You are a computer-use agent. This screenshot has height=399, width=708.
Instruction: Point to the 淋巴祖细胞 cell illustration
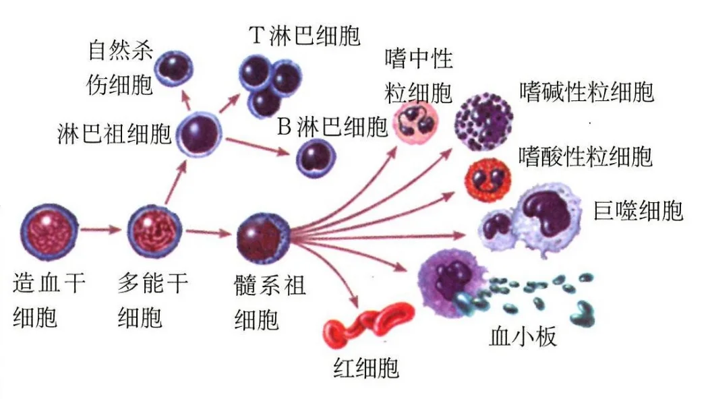click(x=200, y=134)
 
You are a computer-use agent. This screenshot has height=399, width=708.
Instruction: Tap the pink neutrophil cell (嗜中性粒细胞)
click(x=417, y=123)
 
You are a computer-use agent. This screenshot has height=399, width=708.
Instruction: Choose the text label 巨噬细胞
click(x=638, y=210)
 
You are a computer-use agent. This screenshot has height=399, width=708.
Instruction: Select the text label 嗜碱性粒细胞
click(x=586, y=92)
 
